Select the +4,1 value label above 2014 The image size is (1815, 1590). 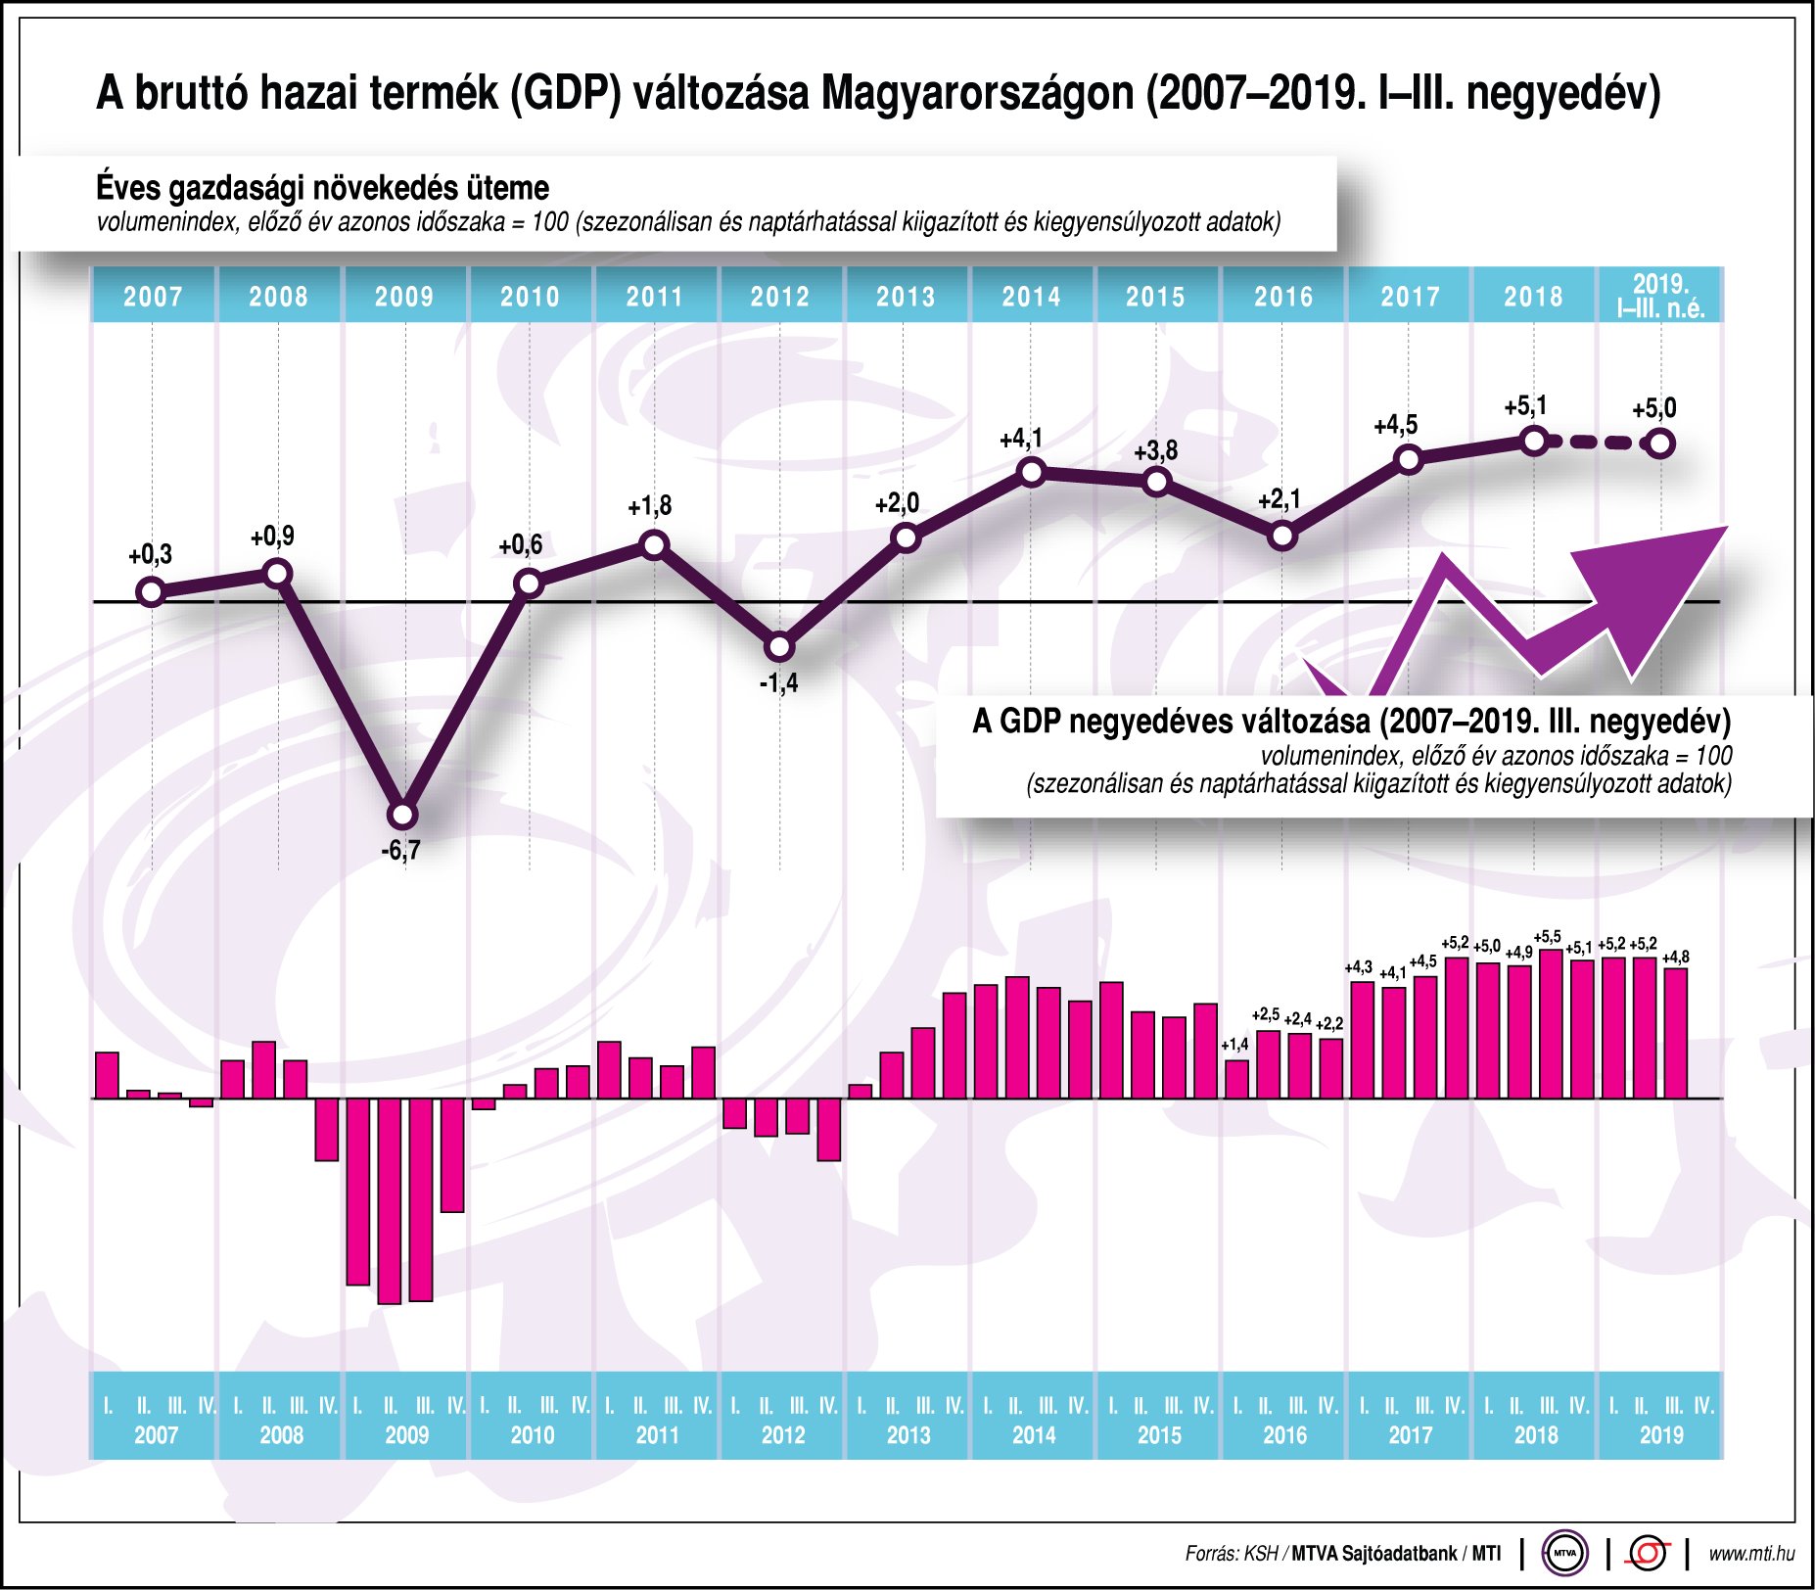tap(1020, 440)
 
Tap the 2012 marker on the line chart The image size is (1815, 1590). tap(779, 647)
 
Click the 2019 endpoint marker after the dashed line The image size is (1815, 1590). tap(1660, 444)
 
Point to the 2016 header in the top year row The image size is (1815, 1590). tap(1282, 296)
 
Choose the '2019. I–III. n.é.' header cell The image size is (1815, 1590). tap(1660, 296)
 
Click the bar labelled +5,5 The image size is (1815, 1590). tap(1551, 1023)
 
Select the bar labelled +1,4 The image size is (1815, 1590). tap(1236, 1079)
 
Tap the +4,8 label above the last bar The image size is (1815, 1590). tap(1675, 957)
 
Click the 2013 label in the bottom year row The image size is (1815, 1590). tap(907, 1435)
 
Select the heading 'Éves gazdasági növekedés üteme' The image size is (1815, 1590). tap(322, 187)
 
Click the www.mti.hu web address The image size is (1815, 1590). tap(1750, 1554)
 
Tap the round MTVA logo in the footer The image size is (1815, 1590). tap(1564, 1553)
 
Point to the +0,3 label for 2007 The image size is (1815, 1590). tap(150, 555)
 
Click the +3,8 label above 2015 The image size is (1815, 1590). tap(1155, 451)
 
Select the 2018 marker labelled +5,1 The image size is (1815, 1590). tap(1534, 441)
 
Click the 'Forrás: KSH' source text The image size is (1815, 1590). tap(1231, 1554)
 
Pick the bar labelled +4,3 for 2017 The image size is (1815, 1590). tap(1363, 1039)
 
